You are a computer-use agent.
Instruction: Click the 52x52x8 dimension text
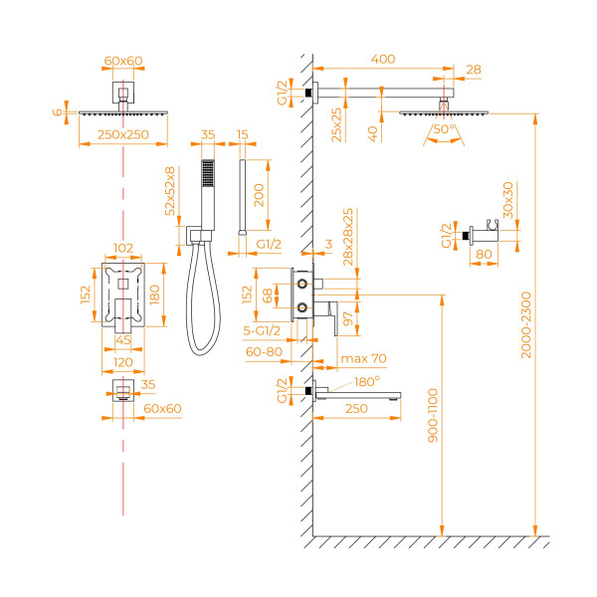[171, 190]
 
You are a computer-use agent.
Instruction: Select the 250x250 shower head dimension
[123, 134]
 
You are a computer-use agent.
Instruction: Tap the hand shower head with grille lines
[206, 180]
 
